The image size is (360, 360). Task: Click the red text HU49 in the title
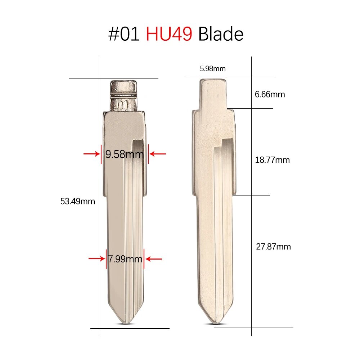coord(169,34)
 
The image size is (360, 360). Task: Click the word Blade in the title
coord(221,34)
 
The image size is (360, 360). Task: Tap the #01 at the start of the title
coord(124,34)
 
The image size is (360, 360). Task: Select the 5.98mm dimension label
coord(213,69)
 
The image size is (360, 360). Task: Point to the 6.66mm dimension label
coord(270,94)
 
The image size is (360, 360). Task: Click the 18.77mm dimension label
coord(272,160)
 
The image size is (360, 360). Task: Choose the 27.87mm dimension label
coord(274,247)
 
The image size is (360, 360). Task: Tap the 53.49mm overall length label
coord(78,201)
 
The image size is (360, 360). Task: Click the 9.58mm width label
coord(125,154)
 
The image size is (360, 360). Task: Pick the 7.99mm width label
coord(125,259)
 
